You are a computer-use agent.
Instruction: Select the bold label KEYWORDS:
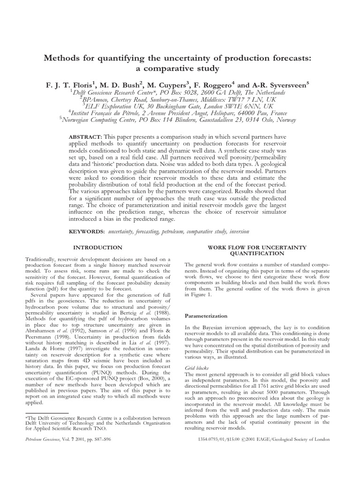click(x=87, y=232)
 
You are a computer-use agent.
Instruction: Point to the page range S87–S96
click(x=109, y=439)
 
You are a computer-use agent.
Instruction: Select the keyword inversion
click(x=238, y=232)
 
